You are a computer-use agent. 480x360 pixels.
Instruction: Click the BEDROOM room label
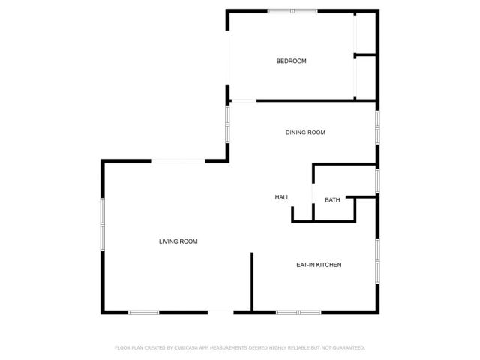291,61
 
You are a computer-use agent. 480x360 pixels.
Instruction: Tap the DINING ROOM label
305,133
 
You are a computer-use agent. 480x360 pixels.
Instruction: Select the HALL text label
282,197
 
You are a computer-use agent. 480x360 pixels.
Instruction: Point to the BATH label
332,200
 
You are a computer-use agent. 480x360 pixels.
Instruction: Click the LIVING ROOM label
178,241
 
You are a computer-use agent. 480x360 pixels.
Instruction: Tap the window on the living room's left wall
103,222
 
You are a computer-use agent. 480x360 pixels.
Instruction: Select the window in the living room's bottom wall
143,312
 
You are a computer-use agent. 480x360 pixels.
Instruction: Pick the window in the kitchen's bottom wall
298,312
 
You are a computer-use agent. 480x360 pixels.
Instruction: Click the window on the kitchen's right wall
377,259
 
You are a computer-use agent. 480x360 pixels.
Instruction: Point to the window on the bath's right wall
377,180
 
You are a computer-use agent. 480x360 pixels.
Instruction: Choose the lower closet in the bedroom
365,78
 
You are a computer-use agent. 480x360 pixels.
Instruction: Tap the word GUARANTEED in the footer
349,348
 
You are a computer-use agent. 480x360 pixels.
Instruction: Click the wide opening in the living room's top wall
178,160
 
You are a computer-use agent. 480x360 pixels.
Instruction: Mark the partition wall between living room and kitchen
252,282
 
